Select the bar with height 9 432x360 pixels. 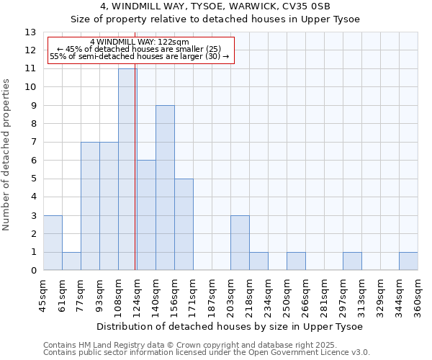(165, 188)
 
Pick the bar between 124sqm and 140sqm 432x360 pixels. (146, 215)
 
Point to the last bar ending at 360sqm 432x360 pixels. (408, 261)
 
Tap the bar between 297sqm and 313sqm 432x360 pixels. (352, 261)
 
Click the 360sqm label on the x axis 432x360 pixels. (418, 297)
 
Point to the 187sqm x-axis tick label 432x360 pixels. (212, 297)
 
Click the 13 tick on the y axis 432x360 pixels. (30, 32)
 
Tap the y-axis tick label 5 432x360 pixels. (33, 179)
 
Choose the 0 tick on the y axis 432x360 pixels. (33, 271)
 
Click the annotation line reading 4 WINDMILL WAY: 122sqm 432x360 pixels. (140, 42)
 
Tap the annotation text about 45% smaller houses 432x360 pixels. (140, 49)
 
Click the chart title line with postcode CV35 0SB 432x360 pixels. (215, 6)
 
